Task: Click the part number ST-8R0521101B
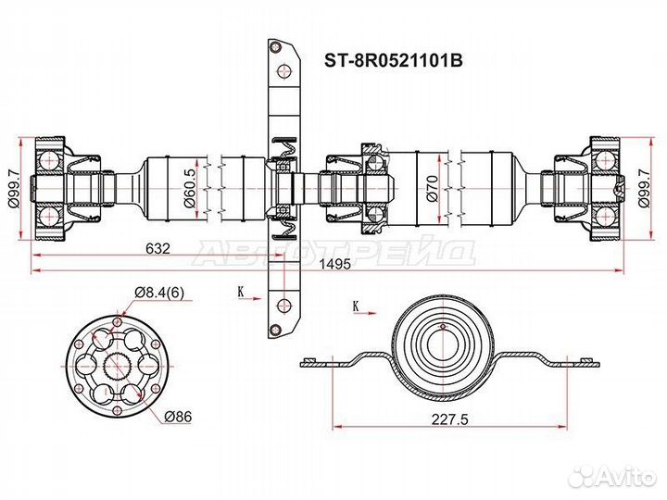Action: (x=394, y=61)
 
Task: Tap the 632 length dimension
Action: (x=157, y=248)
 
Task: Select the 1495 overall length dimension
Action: (x=335, y=264)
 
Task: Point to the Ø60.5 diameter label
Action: (x=190, y=188)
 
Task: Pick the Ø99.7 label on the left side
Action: (x=14, y=188)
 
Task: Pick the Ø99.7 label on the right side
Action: (x=643, y=188)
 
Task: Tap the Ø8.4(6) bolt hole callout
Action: (x=159, y=293)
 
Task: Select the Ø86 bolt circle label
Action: (x=178, y=417)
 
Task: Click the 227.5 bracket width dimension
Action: (x=449, y=419)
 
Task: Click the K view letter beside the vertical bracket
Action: (x=241, y=292)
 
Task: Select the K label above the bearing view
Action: (x=356, y=306)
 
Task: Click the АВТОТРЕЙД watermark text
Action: (x=333, y=254)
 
